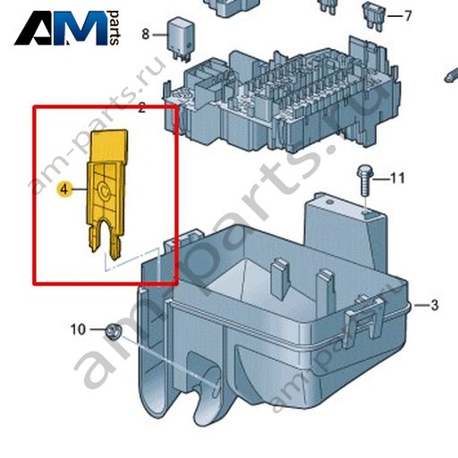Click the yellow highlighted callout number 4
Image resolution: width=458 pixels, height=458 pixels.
(64, 189)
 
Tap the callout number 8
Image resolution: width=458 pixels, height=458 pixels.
(145, 34)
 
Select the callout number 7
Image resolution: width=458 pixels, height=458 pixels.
(408, 15)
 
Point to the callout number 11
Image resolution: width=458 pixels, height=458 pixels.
(397, 178)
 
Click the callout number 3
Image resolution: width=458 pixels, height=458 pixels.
(435, 305)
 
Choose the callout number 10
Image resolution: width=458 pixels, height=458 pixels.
(78, 329)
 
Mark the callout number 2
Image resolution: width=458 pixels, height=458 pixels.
(141, 107)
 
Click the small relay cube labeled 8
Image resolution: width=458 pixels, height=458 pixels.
(180, 38)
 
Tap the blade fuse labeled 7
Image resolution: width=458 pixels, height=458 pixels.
(373, 16)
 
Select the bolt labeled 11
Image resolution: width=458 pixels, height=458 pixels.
(364, 181)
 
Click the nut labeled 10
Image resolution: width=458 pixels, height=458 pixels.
(114, 331)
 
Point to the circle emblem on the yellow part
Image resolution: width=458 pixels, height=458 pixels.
(104, 190)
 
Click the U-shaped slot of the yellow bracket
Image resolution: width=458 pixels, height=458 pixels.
(106, 235)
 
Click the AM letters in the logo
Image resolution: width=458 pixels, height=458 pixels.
(61, 29)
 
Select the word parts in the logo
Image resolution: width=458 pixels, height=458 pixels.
(114, 28)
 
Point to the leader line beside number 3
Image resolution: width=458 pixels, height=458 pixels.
(420, 305)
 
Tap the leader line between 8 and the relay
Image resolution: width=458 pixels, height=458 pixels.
(160, 35)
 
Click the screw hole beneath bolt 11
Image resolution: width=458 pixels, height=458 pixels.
(367, 213)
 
